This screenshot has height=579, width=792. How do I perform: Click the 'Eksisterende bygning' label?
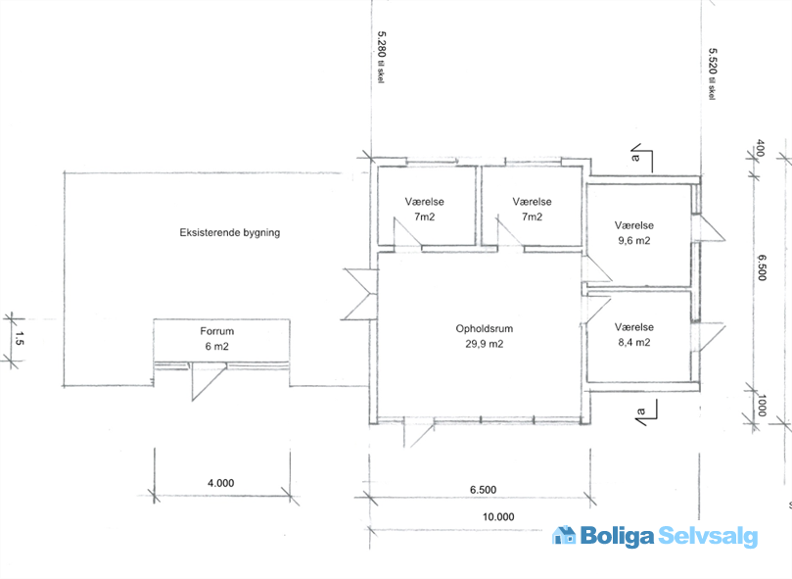230,232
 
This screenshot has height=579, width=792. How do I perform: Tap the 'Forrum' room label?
216,331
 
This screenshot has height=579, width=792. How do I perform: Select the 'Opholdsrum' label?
485,329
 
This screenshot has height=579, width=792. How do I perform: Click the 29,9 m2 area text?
485,344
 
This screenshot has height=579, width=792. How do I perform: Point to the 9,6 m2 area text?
634,241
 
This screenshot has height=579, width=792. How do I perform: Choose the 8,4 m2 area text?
634,342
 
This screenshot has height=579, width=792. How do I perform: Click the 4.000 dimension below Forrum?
220,483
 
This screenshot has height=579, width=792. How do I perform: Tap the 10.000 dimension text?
498,517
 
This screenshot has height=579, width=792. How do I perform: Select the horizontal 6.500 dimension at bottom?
483,490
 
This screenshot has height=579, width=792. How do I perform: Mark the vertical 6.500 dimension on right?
763,267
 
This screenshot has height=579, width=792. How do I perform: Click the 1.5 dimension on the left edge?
20,338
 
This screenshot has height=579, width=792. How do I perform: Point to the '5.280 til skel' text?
382,57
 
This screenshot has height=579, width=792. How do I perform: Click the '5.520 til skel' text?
712,73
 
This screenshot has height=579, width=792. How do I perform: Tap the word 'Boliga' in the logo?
617,536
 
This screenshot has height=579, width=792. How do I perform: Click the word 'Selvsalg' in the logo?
708,536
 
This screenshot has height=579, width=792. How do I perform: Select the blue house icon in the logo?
564,535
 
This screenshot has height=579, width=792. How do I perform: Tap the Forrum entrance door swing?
209,382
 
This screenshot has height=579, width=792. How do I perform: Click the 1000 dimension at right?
763,405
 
